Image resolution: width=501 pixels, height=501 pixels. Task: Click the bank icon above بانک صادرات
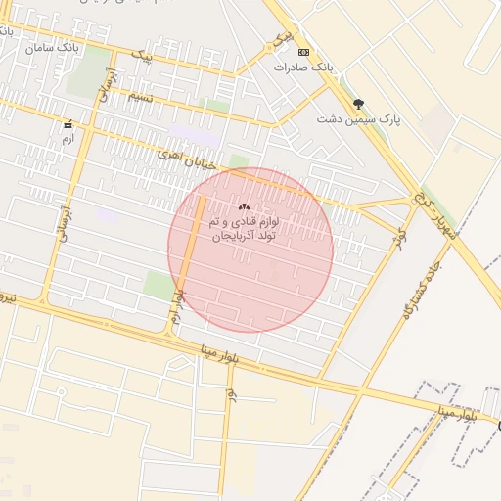(303, 52)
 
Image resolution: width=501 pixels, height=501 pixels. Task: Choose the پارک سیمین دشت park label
(359, 118)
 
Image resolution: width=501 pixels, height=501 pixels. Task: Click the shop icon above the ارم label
(68, 125)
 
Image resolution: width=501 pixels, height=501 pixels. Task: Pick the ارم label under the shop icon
(68, 140)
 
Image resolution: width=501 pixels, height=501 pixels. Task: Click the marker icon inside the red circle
(244, 206)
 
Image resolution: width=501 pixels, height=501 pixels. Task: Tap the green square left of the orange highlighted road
(156, 286)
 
